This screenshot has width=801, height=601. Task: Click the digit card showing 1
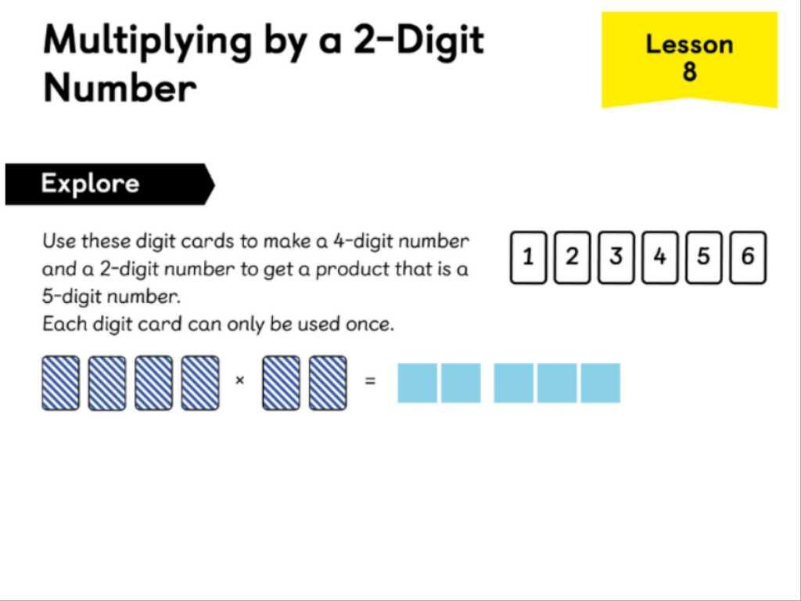pyautogui.click(x=528, y=257)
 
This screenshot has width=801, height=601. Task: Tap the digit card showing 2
pyautogui.click(x=572, y=257)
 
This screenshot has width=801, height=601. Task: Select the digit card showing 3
pyautogui.click(x=616, y=257)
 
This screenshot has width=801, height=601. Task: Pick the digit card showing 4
pyautogui.click(x=660, y=257)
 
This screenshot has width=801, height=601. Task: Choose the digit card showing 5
pyautogui.click(x=704, y=257)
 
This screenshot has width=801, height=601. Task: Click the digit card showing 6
pyautogui.click(x=748, y=257)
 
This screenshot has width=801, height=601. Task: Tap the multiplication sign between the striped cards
pyautogui.click(x=239, y=380)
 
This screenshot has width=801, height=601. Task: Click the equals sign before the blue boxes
pyautogui.click(x=371, y=381)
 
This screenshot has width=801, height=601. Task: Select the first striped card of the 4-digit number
pyautogui.click(x=61, y=383)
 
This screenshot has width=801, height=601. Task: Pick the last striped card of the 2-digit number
pyautogui.click(x=328, y=383)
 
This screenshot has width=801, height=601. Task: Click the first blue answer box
pyautogui.click(x=417, y=383)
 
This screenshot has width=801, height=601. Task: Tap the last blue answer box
pyautogui.click(x=601, y=383)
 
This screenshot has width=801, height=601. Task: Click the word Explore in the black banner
pyautogui.click(x=91, y=183)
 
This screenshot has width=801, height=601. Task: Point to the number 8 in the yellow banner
pyautogui.click(x=689, y=70)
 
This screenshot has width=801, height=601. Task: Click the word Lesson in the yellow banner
pyautogui.click(x=689, y=45)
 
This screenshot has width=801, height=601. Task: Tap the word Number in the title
pyautogui.click(x=120, y=88)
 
